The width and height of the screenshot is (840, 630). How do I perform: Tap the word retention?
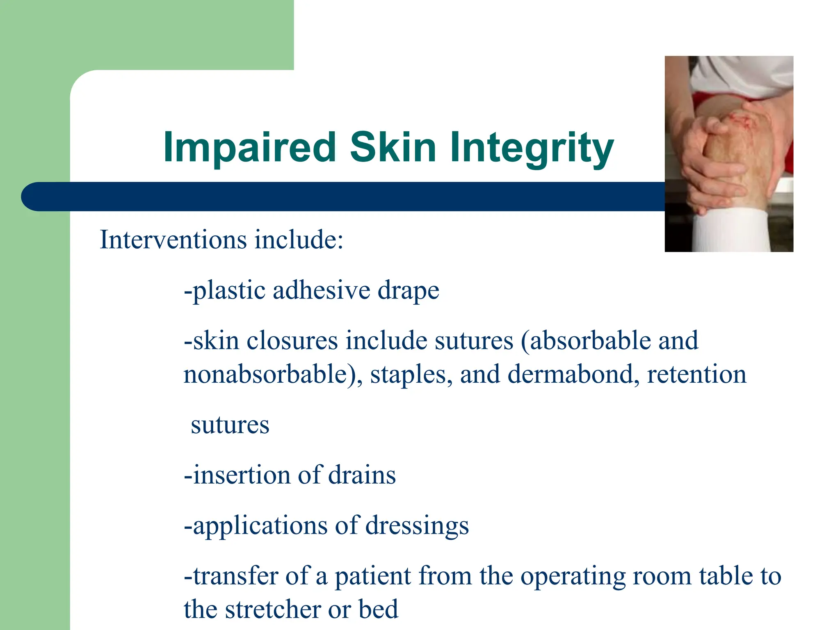[696, 374]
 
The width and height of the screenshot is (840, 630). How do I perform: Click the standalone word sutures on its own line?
[230, 425]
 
